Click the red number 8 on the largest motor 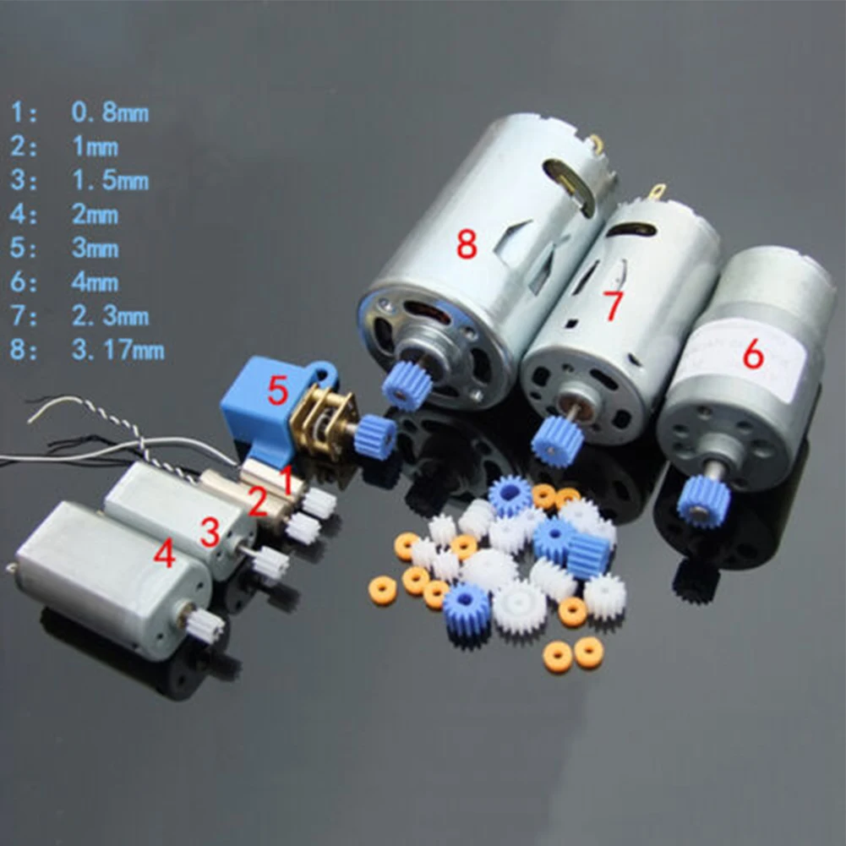pos(467,243)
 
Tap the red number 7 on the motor pos(614,305)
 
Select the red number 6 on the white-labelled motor pos(753,354)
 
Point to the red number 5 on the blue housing pos(277,390)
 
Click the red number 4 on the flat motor pos(165,554)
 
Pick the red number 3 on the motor pos(210,532)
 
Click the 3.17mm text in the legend pos(117,351)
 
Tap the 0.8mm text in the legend pos(110,112)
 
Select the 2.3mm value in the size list pos(110,317)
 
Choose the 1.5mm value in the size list pos(110,181)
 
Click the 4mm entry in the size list pos(95,283)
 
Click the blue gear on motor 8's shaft pos(407,385)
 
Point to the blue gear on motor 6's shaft pos(703,500)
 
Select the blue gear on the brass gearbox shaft pos(375,437)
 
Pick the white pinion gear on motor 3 pos(270,564)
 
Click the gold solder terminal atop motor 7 pos(658,192)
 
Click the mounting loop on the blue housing pos(326,372)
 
